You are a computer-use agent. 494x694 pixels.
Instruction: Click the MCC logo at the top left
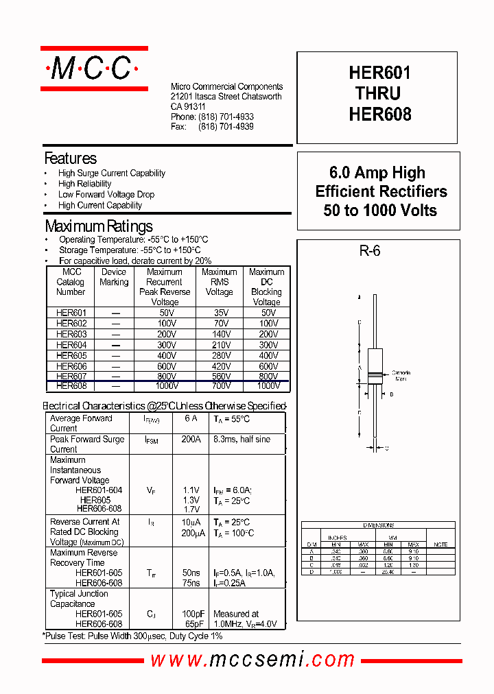click(94, 69)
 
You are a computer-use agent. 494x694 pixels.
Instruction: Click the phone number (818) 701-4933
click(226, 117)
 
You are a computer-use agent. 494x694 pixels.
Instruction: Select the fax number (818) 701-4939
click(226, 127)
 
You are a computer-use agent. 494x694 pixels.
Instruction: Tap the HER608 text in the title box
click(379, 115)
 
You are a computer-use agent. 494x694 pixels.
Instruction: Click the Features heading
click(70, 158)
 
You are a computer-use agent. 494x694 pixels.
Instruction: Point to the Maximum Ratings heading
click(99, 226)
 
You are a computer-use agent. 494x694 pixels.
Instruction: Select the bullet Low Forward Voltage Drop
click(106, 195)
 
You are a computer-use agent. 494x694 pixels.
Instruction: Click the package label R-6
click(369, 251)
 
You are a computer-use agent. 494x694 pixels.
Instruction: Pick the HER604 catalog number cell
click(71, 345)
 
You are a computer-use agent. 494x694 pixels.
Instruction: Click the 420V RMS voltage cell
click(219, 366)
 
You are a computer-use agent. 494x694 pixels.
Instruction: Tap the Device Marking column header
click(114, 277)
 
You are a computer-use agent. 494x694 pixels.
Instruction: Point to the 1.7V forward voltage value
click(191, 510)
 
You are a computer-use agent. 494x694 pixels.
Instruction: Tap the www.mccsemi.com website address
click(252, 660)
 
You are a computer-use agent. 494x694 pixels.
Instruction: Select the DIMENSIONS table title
click(378, 525)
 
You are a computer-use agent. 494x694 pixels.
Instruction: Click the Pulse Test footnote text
click(132, 636)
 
